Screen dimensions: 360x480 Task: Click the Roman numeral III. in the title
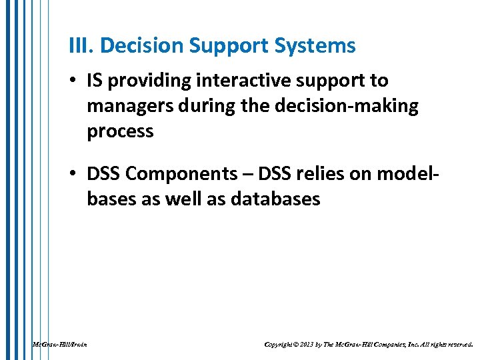(81, 46)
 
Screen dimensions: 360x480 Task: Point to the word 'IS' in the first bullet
(95, 81)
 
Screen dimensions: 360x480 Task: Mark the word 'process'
(120, 131)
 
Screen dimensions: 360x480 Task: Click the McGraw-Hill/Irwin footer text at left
(59, 345)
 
